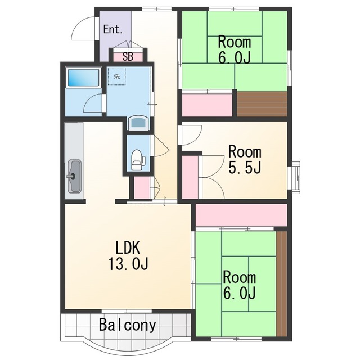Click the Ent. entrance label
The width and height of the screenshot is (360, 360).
pos(112,29)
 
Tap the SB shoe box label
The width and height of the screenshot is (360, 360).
pos(128,57)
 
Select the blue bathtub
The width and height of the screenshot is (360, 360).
pos(84,78)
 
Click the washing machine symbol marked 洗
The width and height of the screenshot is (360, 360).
pos(117,76)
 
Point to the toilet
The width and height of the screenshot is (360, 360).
pos(138,160)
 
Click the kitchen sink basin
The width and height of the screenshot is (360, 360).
pos(74,176)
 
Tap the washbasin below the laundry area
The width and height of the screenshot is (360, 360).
pos(138,123)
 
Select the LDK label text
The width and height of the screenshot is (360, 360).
pos(128,247)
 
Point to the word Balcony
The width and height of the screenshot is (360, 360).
pos(128,325)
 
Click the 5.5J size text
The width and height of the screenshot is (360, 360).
pos(245,167)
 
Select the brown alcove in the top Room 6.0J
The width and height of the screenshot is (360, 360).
pos(262,104)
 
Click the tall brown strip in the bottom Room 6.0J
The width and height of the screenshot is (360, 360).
pos(282,283)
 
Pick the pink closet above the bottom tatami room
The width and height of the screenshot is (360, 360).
pos(241,215)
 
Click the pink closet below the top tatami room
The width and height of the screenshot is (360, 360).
pos(208,105)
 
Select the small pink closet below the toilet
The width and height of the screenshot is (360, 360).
pos(142,187)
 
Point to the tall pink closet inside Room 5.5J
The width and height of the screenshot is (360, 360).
pos(190,177)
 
